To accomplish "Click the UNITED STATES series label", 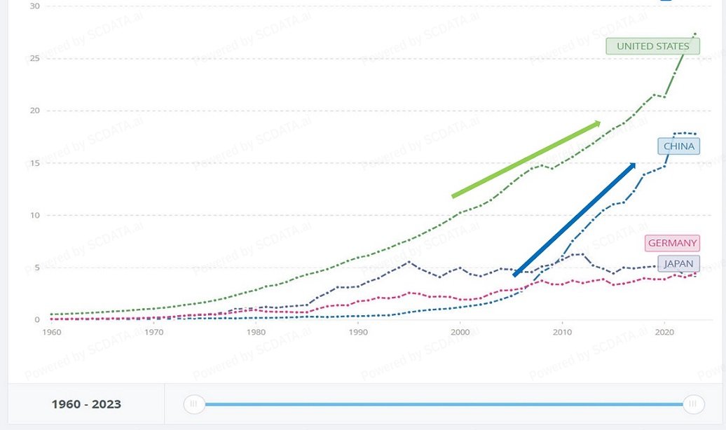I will [x=652, y=46].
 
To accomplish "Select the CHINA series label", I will [x=678, y=146].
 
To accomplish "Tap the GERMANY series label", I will [x=672, y=243].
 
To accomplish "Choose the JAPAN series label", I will [x=678, y=264].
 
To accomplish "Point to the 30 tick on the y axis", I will [x=35, y=6].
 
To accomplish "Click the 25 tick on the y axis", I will [x=35, y=58].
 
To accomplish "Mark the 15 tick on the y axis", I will [x=35, y=163].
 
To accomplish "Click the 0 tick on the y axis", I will [x=37, y=319].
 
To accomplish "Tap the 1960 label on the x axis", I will [x=52, y=332].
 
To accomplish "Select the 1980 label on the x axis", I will [x=256, y=332].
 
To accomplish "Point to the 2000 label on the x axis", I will [x=460, y=332].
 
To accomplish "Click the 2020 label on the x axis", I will [x=664, y=332].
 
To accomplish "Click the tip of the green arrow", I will [x=601, y=122].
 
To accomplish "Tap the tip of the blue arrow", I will [x=636, y=163].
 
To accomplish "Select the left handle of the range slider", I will [x=194, y=404].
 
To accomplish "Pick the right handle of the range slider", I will [x=694, y=404].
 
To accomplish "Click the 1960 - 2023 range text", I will [x=86, y=404].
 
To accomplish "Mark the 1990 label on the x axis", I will [x=358, y=332].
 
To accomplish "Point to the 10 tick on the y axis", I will [x=35, y=215].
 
